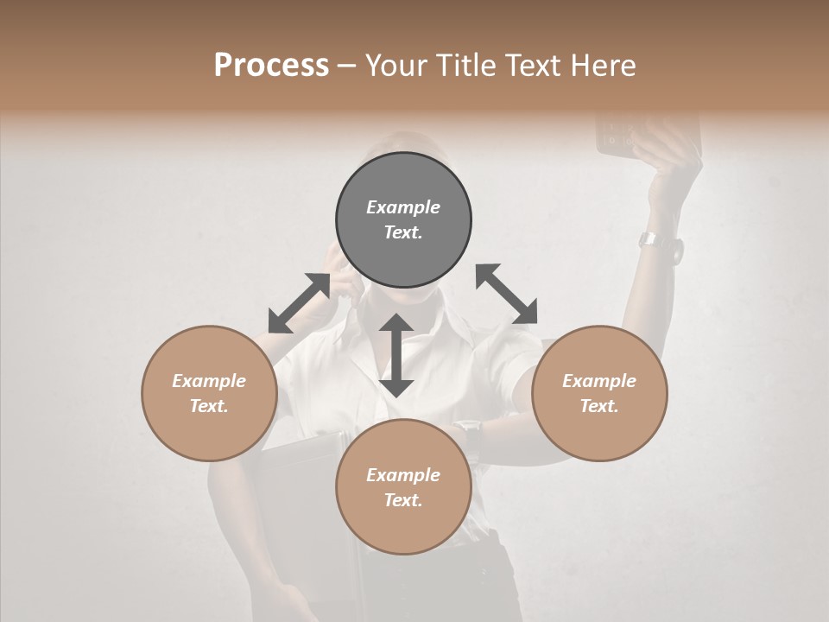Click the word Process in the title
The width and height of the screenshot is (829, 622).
(x=271, y=66)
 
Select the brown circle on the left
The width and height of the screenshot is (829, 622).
(x=209, y=393)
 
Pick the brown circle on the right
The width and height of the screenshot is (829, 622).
(x=599, y=393)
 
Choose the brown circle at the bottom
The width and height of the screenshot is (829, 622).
(x=403, y=487)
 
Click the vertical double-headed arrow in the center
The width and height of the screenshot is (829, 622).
(x=396, y=355)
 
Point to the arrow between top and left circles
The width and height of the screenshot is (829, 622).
(x=299, y=303)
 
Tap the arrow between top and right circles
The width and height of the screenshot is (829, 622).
(x=506, y=294)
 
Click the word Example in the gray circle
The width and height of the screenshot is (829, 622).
(x=403, y=207)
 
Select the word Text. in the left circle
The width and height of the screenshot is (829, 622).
(x=209, y=406)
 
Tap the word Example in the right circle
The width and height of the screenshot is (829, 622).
(x=599, y=381)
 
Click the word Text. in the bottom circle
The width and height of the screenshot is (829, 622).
(x=403, y=500)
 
